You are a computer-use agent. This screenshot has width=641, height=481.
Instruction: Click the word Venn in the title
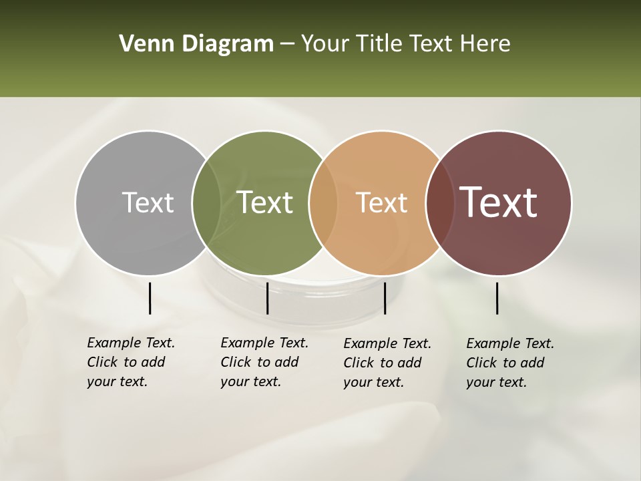(x=140, y=44)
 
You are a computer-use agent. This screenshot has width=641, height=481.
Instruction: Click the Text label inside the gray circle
(x=148, y=202)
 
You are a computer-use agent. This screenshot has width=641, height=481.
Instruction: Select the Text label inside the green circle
(x=265, y=202)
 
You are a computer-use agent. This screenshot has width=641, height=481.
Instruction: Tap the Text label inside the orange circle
(x=381, y=202)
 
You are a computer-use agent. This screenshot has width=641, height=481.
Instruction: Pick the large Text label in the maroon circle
(x=499, y=202)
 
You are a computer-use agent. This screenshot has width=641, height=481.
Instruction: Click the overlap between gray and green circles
(x=206, y=203)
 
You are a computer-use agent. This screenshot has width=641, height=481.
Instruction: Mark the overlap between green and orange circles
(x=323, y=203)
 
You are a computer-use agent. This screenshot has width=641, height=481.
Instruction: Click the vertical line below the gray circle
(x=150, y=298)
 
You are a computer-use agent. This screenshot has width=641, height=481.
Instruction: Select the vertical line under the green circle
(x=267, y=298)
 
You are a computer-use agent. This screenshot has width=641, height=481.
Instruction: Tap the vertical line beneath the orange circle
(x=385, y=298)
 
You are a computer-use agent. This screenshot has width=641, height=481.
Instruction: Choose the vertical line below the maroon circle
(x=497, y=298)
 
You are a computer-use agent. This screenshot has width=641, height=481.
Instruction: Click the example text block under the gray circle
(x=130, y=362)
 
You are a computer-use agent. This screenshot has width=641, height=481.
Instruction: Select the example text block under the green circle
(x=264, y=362)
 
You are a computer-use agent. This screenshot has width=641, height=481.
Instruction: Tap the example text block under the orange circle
(x=387, y=363)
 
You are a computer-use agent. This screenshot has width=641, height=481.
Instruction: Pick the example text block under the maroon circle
(x=509, y=363)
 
